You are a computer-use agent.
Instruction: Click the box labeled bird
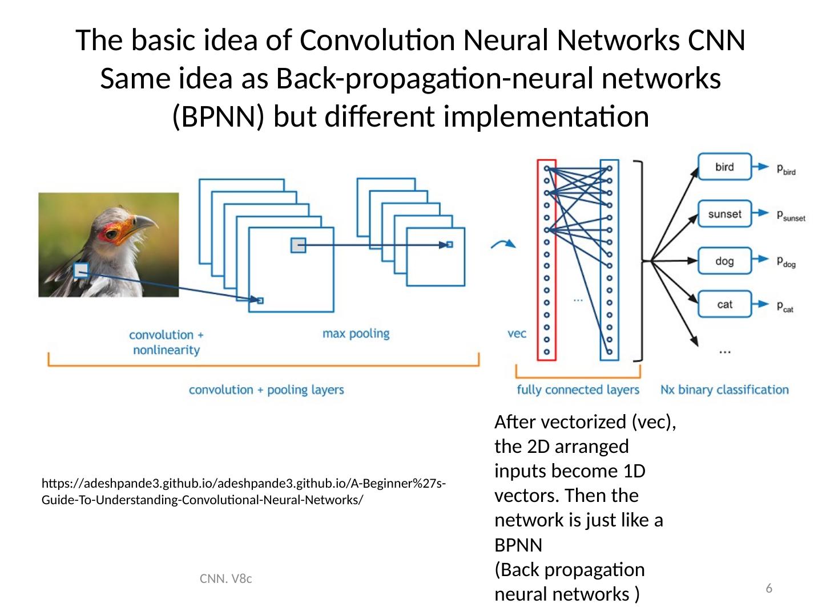(x=724, y=167)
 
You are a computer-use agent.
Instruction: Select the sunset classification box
(x=724, y=214)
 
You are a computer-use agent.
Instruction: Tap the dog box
(x=724, y=261)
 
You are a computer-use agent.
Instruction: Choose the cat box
(x=724, y=304)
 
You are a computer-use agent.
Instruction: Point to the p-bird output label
(x=785, y=169)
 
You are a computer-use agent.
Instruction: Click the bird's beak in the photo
(x=143, y=222)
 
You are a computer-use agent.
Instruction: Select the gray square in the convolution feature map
(x=298, y=245)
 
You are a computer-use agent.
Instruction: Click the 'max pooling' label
(x=356, y=333)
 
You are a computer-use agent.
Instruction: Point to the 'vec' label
(x=517, y=333)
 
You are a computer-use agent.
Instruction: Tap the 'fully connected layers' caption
(x=578, y=390)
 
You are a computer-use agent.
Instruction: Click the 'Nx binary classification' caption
(x=724, y=390)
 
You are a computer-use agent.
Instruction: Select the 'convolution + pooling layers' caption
(x=267, y=390)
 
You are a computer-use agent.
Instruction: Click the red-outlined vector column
(x=546, y=260)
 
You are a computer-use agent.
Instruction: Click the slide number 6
(x=769, y=588)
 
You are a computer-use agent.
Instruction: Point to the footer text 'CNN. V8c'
(x=227, y=579)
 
